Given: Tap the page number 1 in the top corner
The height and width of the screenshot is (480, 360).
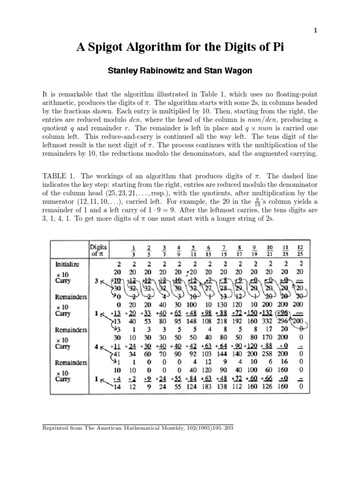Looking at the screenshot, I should (x=315, y=30).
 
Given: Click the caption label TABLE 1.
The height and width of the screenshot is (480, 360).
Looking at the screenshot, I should (x=59, y=176).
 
